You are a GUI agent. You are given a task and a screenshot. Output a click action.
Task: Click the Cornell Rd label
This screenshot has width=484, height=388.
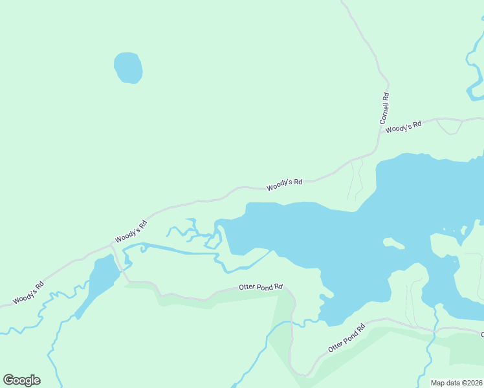click(385, 109)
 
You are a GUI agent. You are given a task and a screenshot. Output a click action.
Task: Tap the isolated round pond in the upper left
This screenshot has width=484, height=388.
click(128, 67)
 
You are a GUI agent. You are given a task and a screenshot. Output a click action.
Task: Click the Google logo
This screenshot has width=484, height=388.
click(21, 380)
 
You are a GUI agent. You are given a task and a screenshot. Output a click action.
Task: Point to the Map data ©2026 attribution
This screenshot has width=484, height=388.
click(457, 383)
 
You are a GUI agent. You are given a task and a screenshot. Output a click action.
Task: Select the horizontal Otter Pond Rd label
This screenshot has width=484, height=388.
click(261, 286)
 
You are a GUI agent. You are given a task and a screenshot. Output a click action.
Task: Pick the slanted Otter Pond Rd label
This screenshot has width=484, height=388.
click(347, 338)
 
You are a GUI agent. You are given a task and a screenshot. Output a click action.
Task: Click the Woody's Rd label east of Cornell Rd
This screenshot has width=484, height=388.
click(403, 126)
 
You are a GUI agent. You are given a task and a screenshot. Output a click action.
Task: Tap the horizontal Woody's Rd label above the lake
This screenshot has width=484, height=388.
click(285, 183)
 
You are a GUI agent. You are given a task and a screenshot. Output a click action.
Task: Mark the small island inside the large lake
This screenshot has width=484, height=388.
click(393, 244)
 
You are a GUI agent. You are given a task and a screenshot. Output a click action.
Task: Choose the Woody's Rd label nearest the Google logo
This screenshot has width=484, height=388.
click(28, 292)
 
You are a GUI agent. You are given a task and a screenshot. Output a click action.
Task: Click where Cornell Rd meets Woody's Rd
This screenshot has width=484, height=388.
click(379, 147)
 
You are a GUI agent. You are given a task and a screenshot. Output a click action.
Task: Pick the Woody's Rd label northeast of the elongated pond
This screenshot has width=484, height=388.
click(131, 232)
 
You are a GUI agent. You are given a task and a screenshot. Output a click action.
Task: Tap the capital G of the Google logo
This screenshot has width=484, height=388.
click(9, 380)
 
